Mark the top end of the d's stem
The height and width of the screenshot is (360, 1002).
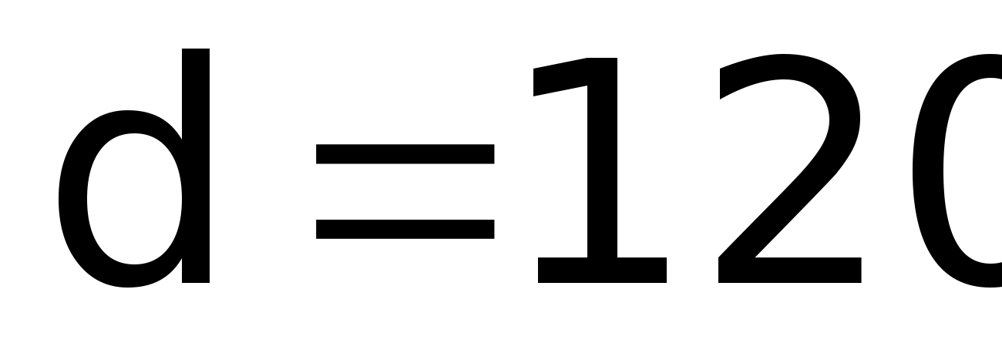pyautogui.click(x=196, y=54)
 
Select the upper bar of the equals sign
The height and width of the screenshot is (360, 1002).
pyautogui.click(x=405, y=154)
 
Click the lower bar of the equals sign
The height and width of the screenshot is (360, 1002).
pyautogui.click(x=405, y=228)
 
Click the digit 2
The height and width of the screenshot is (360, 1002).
pyautogui.click(x=786, y=170)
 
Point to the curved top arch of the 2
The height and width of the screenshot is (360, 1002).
pyautogui.click(x=786, y=69)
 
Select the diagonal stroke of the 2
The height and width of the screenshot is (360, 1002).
pyautogui.click(x=778, y=208)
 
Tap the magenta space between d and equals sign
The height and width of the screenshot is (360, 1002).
pyautogui.click(x=262, y=193)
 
